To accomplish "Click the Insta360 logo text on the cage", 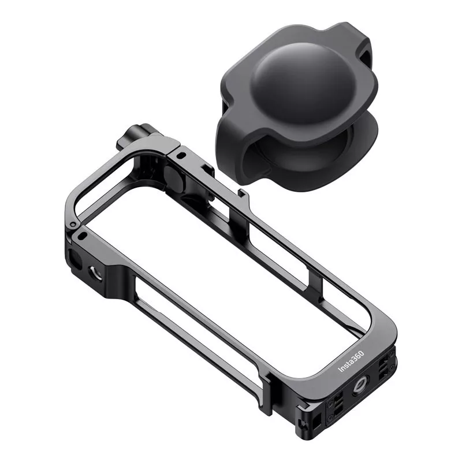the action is click(x=351, y=362).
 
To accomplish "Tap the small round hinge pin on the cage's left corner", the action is click(x=73, y=225).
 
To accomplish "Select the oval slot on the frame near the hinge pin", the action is click(x=83, y=236).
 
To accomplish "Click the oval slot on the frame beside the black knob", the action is click(x=182, y=154).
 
